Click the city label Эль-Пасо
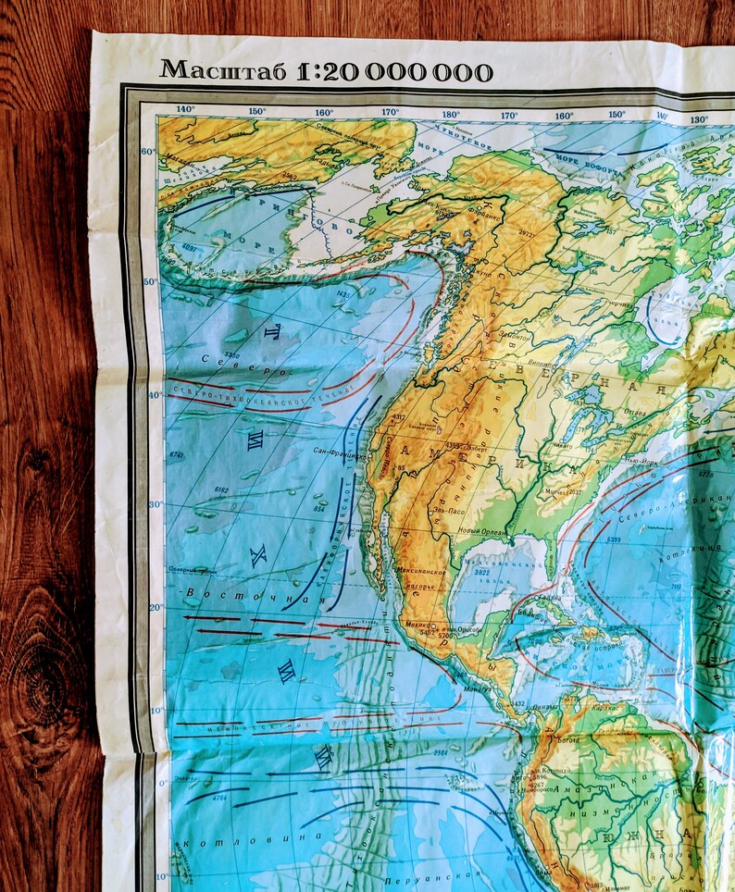(449, 508)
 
